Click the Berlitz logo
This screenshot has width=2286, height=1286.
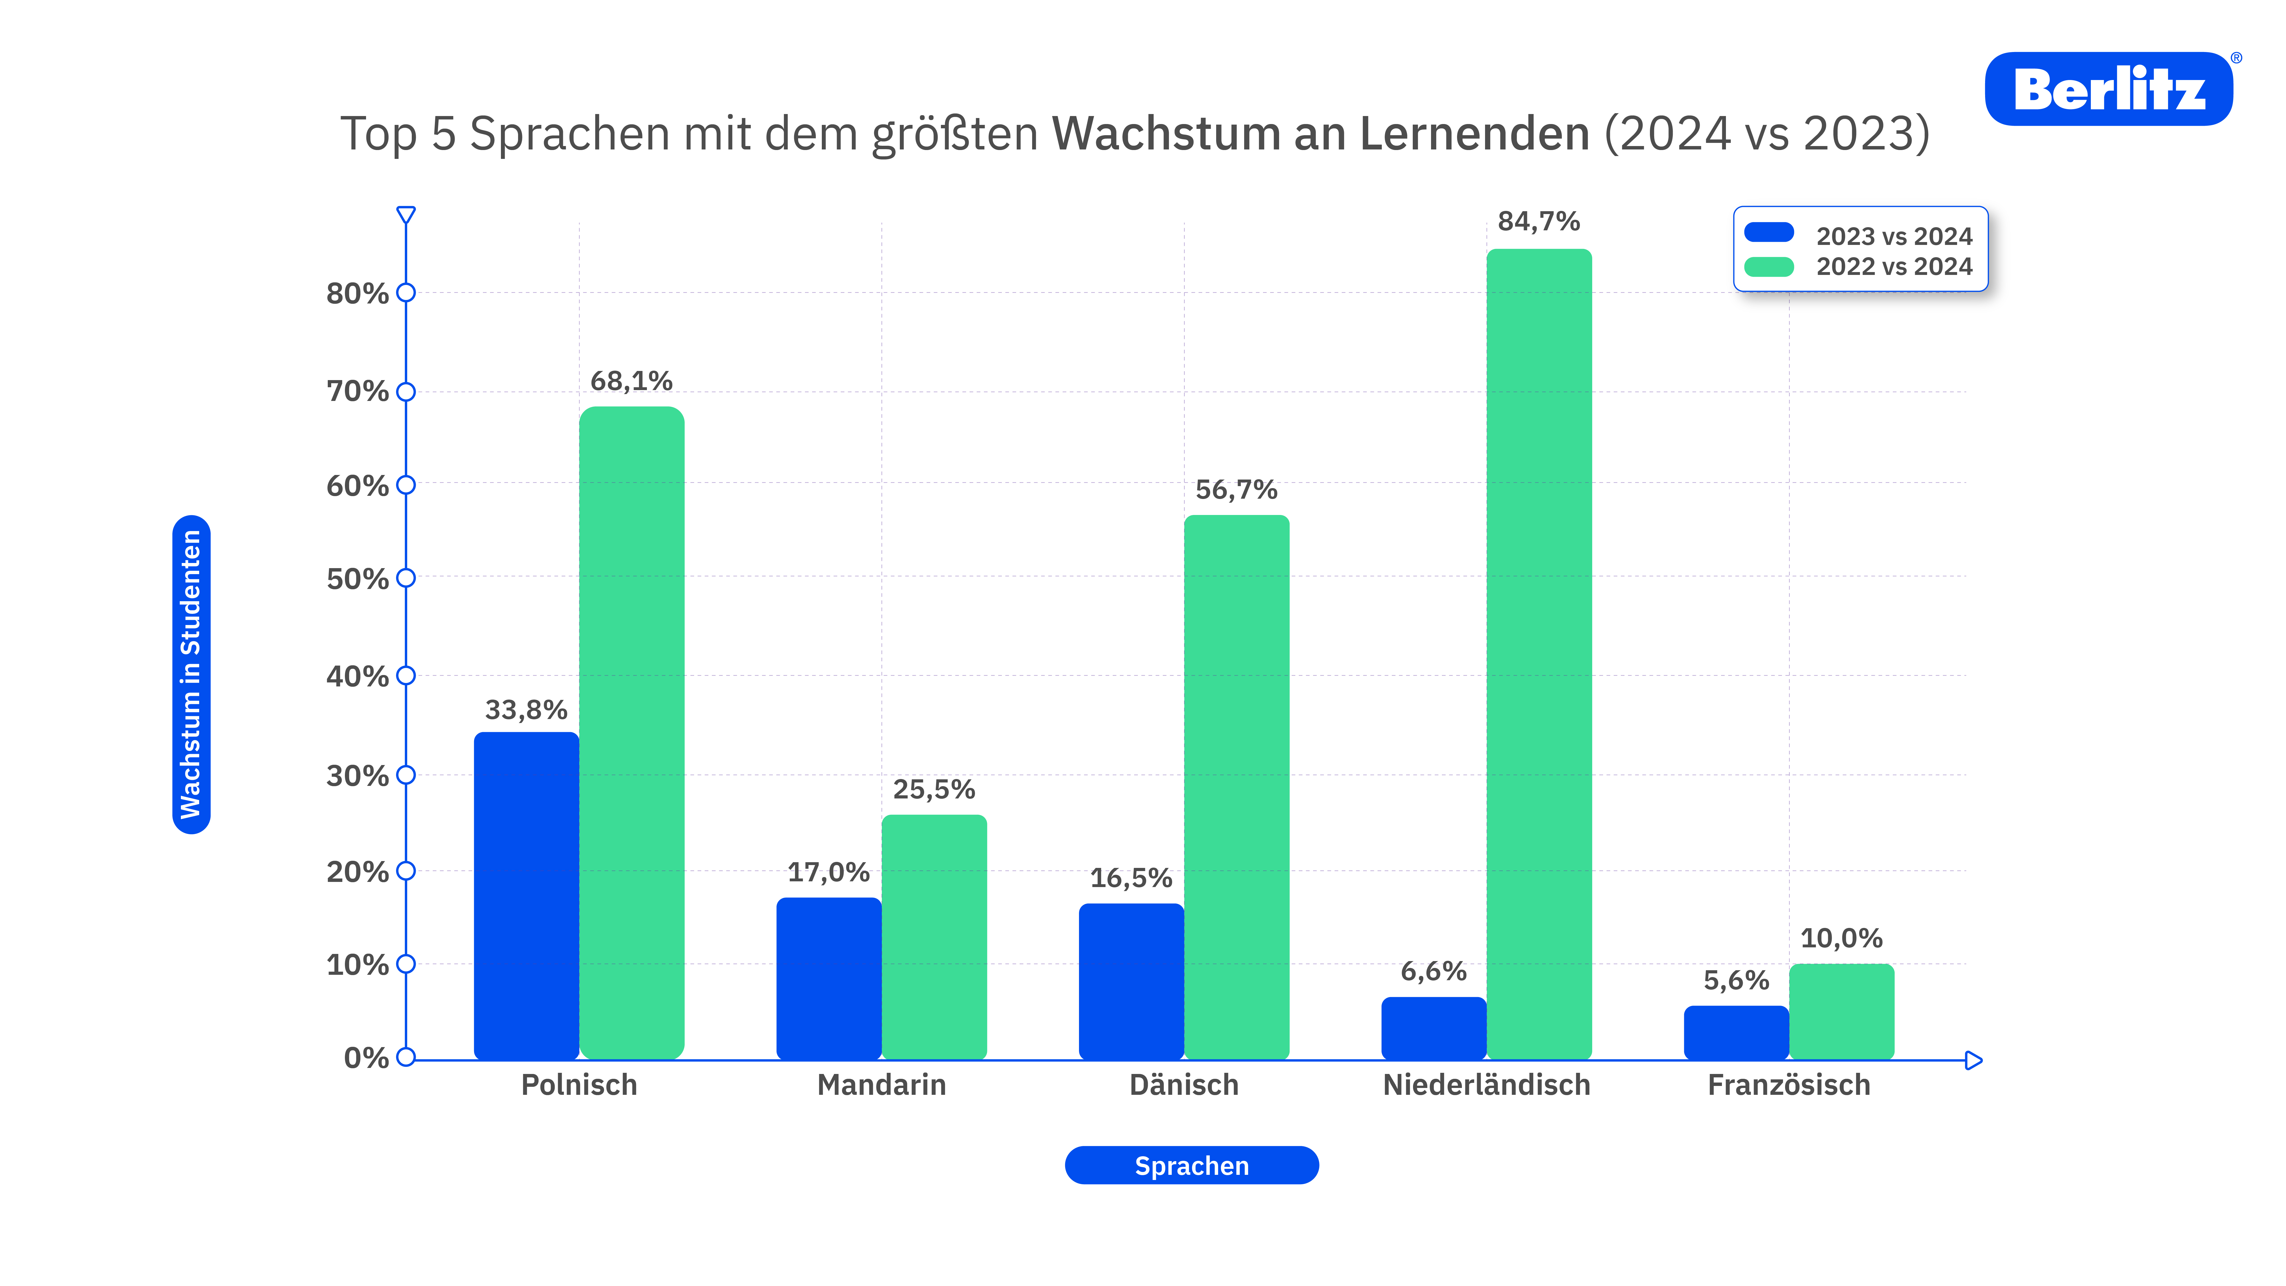(2109, 89)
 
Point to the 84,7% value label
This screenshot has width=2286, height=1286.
(1539, 221)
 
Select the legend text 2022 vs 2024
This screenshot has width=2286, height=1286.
(1894, 266)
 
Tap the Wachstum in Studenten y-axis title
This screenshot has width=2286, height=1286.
(191, 674)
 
